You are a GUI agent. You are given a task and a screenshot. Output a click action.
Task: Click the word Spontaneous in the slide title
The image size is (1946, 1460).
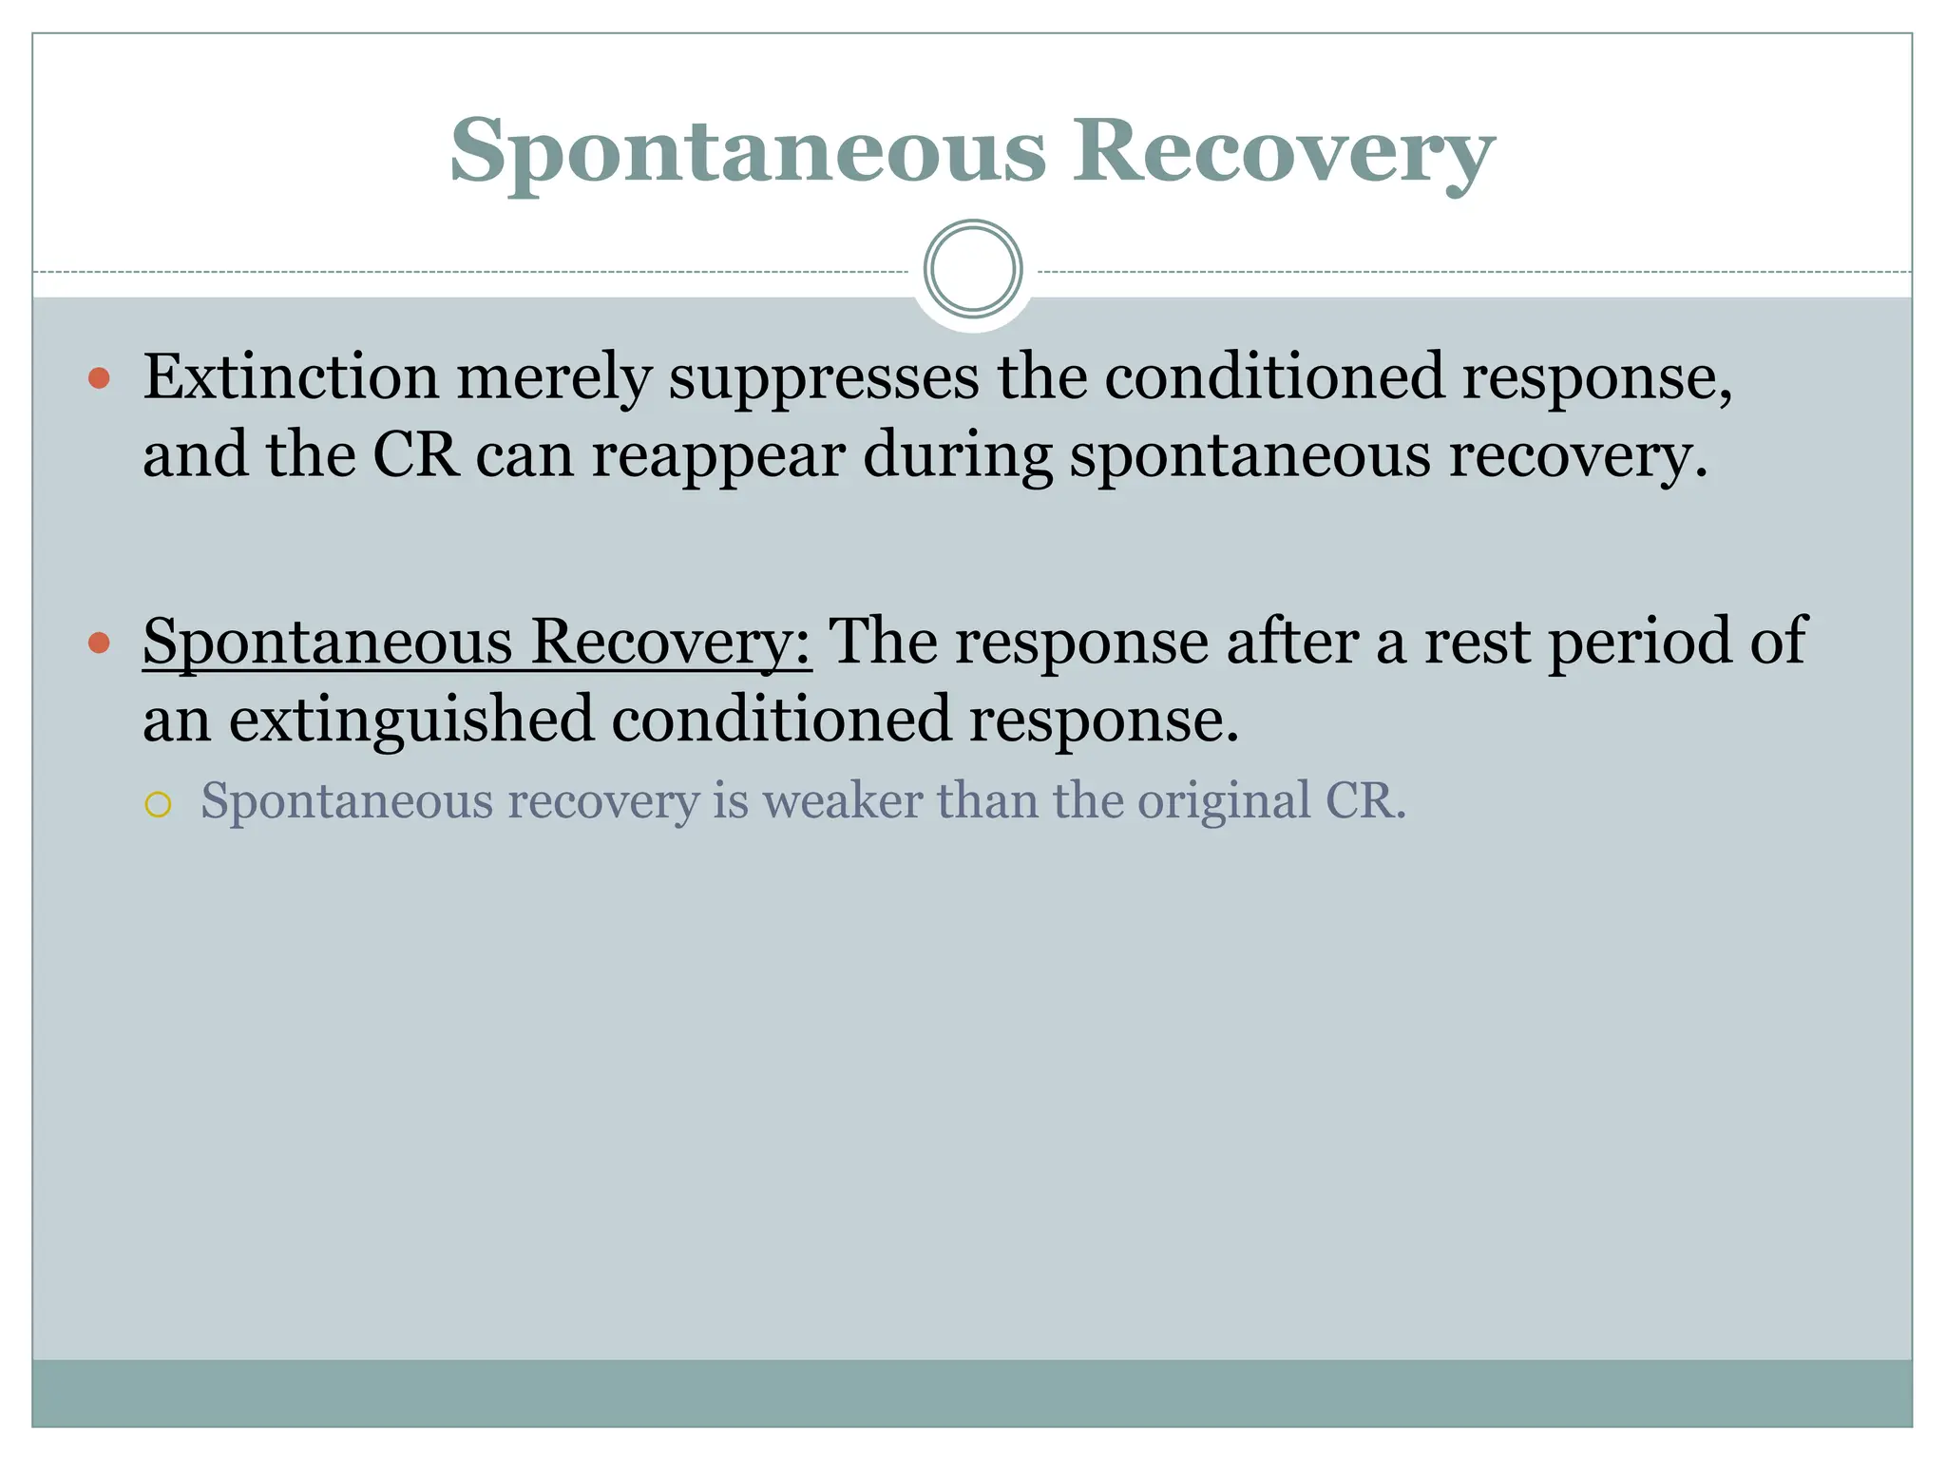[748, 152]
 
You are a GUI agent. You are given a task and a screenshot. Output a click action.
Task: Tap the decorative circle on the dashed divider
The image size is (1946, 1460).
[973, 269]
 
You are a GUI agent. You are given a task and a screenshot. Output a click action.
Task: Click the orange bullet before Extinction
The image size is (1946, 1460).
[99, 380]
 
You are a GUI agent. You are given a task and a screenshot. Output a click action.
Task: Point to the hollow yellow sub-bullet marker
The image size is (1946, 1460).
[158, 805]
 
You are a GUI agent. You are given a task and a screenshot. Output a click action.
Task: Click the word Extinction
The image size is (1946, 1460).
[291, 377]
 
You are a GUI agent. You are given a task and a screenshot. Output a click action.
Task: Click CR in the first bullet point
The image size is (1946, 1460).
[415, 454]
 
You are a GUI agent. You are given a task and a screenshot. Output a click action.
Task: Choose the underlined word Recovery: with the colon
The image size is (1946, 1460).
[671, 643]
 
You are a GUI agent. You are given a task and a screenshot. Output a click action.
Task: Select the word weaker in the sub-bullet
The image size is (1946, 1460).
[842, 800]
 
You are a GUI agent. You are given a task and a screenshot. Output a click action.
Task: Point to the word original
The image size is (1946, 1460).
[1224, 801]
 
